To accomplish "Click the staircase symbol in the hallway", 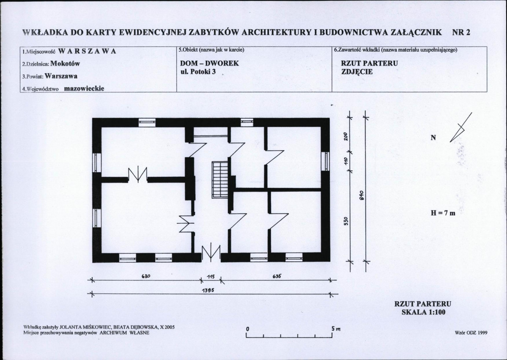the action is [220, 180].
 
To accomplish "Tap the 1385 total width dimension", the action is [208, 290].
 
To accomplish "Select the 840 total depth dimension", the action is [362, 195].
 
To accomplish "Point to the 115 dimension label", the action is [211, 277].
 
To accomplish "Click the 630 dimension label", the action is [146, 276].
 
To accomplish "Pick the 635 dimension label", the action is [277, 276].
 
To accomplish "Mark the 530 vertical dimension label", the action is [345, 221].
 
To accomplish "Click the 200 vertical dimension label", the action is [345, 137].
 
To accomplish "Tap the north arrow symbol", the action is [461, 127].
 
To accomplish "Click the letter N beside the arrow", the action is [433, 138].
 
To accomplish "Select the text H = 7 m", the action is [443, 213].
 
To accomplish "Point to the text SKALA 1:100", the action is [423, 312].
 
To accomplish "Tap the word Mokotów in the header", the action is [65, 63].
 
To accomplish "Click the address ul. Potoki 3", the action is [198, 71].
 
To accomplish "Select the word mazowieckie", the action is [84, 88].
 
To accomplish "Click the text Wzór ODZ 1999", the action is [471, 333].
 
